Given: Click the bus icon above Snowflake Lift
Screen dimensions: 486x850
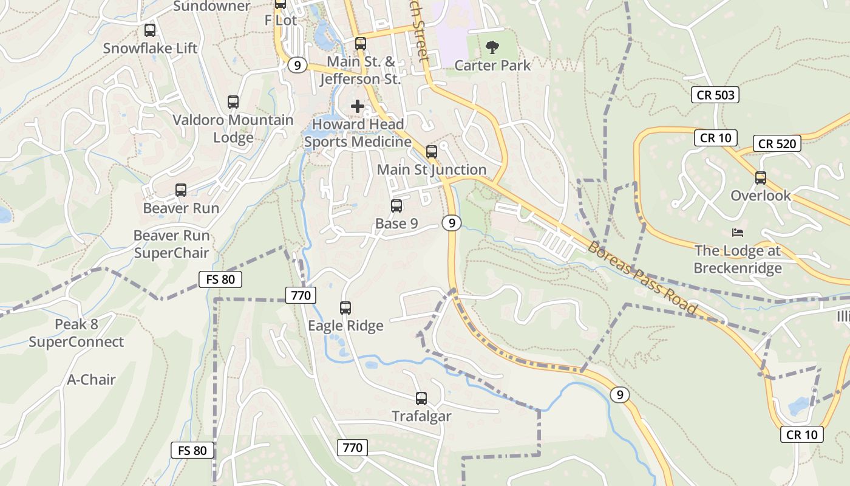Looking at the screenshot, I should pos(150,30).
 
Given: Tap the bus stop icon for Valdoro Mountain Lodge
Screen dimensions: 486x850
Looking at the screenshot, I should pos(233,102).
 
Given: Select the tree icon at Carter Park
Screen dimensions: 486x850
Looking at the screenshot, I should pos(492,47).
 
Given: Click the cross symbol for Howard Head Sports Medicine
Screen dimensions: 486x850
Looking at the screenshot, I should pos(358,106).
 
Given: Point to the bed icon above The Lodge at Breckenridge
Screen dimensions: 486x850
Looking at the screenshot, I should pos(738,233).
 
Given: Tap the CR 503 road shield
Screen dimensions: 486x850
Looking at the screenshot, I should pos(716,95).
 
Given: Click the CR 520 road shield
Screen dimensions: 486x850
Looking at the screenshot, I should pos(777,144).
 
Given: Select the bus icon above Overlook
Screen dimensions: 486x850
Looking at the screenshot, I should pos(761,178).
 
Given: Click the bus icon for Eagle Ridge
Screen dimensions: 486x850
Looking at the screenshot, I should pos(345,308).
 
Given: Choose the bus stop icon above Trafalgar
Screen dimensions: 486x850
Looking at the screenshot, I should pos(421,399).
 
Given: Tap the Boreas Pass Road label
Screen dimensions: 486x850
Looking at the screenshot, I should pos(642,278).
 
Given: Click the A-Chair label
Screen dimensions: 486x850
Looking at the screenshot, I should pos(91,380).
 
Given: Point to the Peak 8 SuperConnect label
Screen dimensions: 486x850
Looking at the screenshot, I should pos(76,333).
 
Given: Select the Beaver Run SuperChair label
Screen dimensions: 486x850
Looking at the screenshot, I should pos(171,244).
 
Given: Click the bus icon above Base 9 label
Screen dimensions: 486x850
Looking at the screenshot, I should pos(396,206).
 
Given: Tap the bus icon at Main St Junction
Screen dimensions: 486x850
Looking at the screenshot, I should pos(432,152).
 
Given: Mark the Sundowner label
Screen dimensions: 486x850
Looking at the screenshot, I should pos(212,7).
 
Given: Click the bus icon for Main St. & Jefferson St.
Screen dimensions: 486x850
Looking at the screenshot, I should pos(361,44).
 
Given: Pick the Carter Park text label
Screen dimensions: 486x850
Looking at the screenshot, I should pos(492,65).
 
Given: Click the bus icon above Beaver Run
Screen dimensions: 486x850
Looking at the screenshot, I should pos(181,190).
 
